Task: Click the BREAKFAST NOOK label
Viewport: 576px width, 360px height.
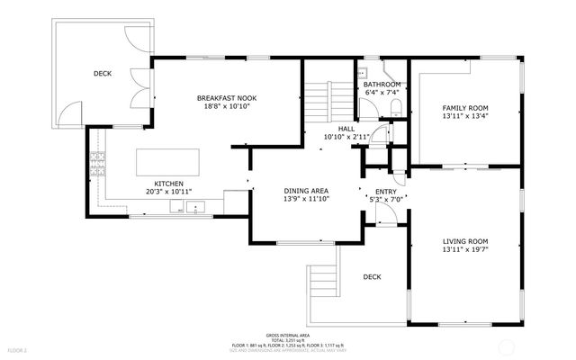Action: point(222,96)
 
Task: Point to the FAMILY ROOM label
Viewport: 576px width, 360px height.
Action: point(465,107)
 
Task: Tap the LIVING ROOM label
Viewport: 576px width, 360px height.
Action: point(465,240)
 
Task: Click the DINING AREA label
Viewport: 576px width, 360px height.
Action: point(307,191)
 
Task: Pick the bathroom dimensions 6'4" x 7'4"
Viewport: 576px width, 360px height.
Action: point(382,92)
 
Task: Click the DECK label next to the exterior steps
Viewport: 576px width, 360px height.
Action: point(373,277)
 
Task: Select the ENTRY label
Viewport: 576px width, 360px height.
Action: point(385,191)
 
